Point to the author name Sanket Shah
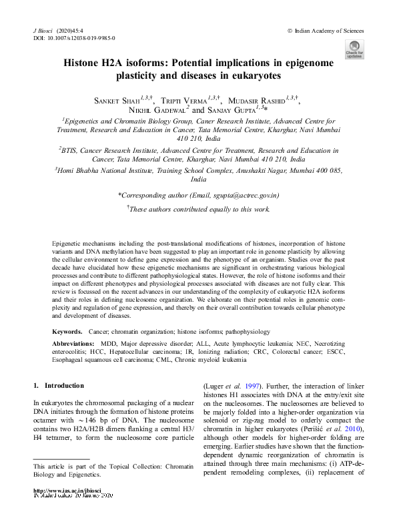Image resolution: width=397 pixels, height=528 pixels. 122,101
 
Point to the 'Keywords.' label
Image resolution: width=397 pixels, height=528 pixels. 68,331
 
